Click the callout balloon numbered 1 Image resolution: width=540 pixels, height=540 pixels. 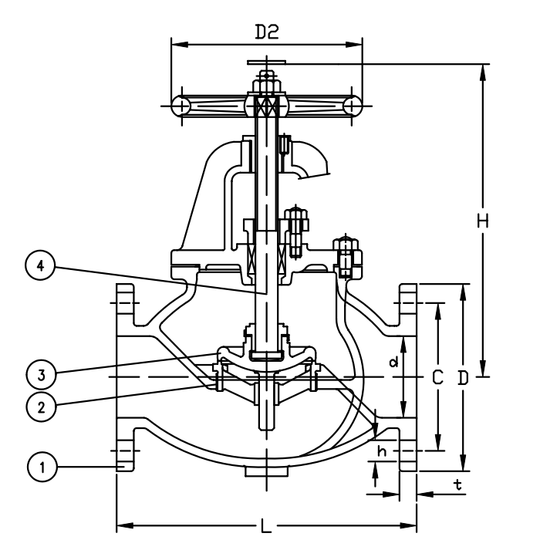click(x=42, y=467)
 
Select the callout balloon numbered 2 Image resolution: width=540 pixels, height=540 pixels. click(x=41, y=407)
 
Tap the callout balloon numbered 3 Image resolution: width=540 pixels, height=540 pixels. click(x=41, y=375)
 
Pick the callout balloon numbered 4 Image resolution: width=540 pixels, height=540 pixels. click(x=40, y=265)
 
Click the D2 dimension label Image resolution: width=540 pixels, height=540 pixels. click(x=267, y=32)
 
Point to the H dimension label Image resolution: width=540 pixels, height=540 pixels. click(x=483, y=221)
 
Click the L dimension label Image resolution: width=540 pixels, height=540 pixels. click(x=265, y=526)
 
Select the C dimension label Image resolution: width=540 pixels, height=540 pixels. click(x=437, y=378)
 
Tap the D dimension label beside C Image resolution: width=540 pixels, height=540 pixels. click(x=464, y=378)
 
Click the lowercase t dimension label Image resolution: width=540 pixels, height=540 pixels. click(x=457, y=485)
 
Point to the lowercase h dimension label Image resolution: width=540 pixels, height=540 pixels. click(x=382, y=451)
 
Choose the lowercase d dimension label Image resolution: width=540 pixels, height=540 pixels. click(x=393, y=362)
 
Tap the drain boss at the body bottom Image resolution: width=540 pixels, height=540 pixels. click(x=267, y=471)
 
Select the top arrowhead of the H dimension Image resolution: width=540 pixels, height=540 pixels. click(x=483, y=73)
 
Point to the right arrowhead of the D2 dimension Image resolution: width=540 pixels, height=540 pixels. click(x=354, y=45)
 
